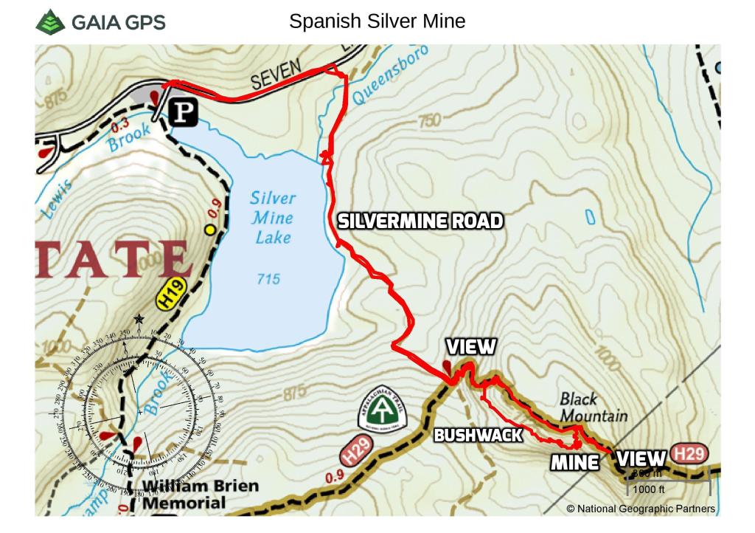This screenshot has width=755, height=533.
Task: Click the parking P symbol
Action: [184, 112]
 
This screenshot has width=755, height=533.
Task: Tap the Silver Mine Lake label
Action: [272, 218]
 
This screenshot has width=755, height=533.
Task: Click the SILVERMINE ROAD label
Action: [420, 221]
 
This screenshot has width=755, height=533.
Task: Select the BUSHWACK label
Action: [478, 436]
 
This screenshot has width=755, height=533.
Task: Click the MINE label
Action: [574, 463]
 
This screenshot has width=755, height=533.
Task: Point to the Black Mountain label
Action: [592, 408]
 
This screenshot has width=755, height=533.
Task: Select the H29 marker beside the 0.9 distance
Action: [358, 451]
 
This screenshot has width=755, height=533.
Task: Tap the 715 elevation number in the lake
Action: [268, 279]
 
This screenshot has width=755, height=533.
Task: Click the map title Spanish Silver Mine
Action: [377, 21]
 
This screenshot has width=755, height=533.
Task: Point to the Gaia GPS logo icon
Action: [50, 21]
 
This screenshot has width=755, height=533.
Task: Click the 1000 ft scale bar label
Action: [649, 489]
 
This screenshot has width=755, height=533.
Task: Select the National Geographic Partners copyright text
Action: [640, 509]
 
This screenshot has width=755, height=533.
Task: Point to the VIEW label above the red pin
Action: [470, 347]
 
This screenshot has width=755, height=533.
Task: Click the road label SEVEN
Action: [276, 75]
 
